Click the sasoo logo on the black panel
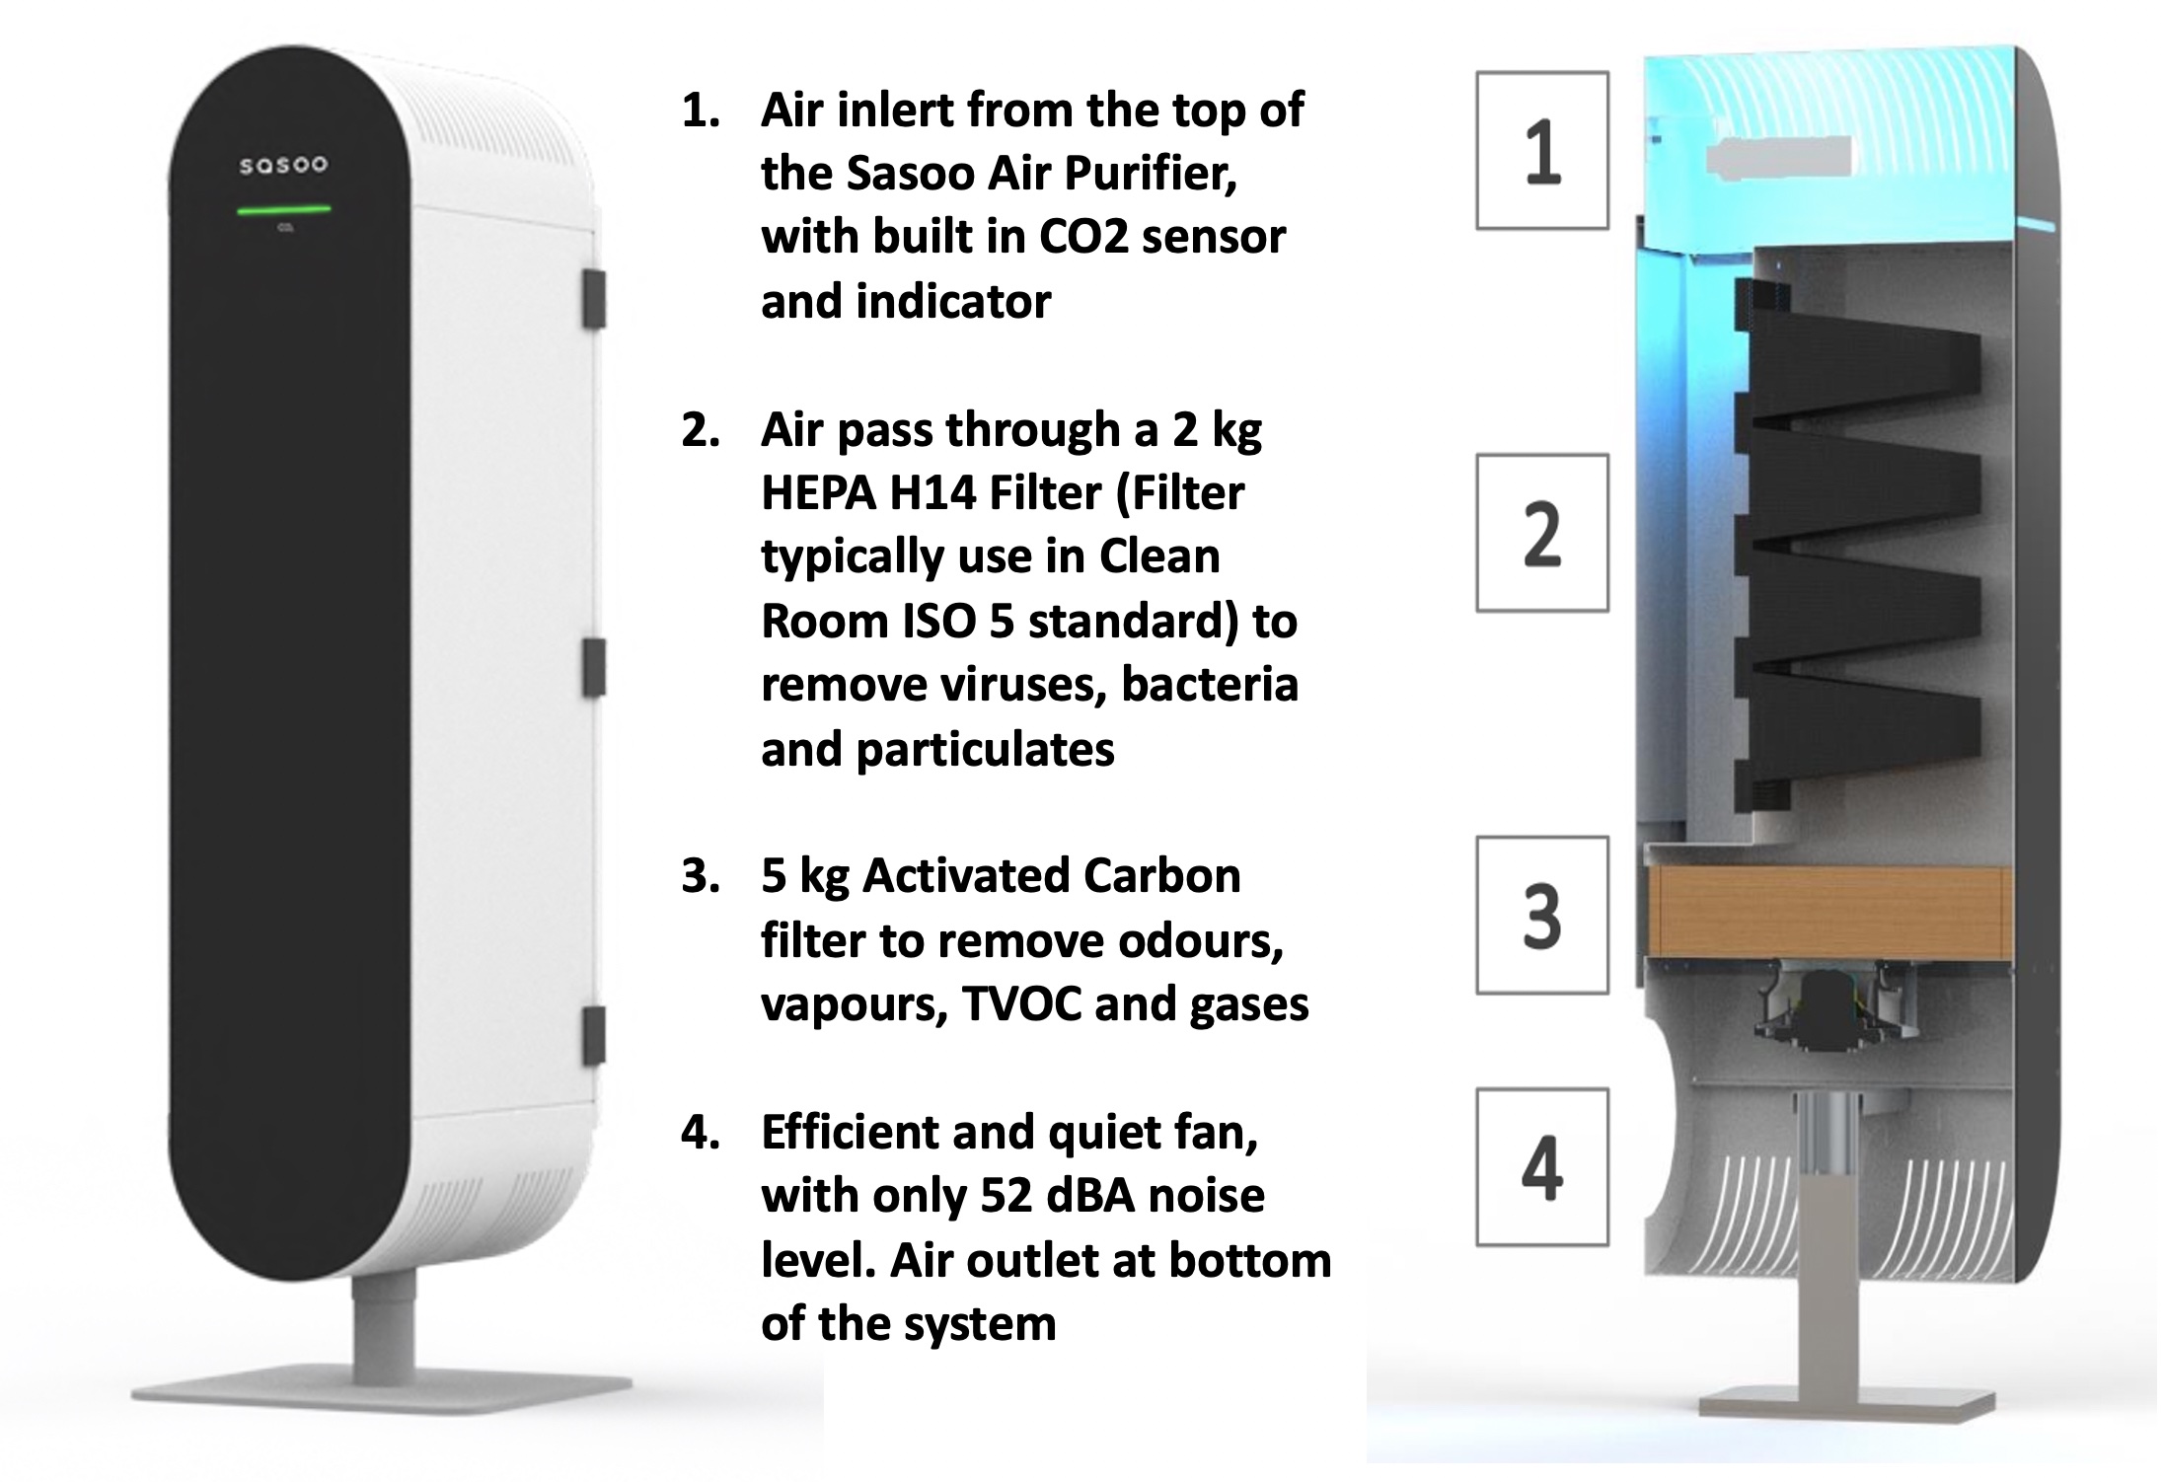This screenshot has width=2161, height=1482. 283,165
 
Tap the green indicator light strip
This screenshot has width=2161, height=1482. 283,209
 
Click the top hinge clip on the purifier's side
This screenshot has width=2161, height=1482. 593,298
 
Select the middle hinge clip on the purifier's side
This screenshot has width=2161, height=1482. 593,667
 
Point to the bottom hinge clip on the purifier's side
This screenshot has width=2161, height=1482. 593,1036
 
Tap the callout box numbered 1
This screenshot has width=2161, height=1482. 1542,151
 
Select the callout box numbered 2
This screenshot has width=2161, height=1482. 1542,533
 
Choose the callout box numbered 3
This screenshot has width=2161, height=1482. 1542,915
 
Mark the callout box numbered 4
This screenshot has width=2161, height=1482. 1542,1166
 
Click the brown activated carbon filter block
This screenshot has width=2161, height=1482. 1830,913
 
